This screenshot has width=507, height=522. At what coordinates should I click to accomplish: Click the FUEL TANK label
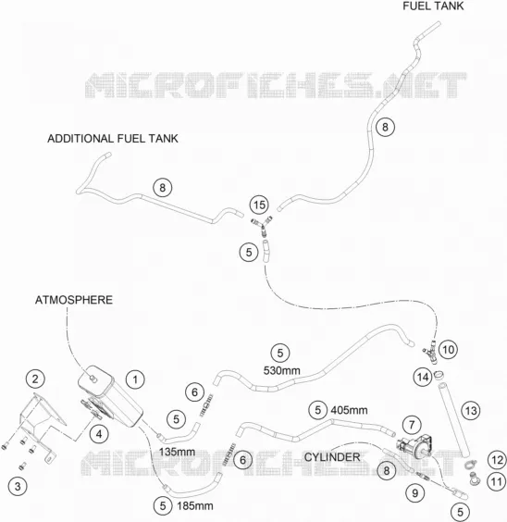(x=433, y=6)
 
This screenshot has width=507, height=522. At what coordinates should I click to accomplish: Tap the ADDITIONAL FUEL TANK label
(x=113, y=139)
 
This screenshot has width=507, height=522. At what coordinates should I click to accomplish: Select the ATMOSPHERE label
(x=74, y=300)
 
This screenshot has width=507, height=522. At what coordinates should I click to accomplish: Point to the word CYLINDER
(x=332, y=457)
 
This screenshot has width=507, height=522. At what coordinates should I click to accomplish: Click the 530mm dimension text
(x=282, y=370)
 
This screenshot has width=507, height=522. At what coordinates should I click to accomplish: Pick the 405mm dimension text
(x=349, y=410)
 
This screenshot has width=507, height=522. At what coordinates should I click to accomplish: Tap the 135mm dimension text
(x=177, y=452)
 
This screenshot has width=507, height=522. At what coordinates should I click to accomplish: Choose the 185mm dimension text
(x=195, y=506)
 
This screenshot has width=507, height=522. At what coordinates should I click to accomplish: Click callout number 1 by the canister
(x=135, y=379)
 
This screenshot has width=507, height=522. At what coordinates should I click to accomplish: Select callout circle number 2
(x=35, y=379)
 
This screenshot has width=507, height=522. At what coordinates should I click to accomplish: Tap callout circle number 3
(x=18, y=487)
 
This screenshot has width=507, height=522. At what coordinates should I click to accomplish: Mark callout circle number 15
(x=259, y=205)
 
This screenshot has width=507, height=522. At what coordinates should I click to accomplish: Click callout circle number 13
(x=471, y=411)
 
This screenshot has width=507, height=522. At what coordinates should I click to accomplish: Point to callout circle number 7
(x=412, y=425)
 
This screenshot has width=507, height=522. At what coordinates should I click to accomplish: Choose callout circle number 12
(x=497, y=460)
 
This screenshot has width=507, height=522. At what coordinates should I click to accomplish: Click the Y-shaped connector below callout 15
(x=263, y=226)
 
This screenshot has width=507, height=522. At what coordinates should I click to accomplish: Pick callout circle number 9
(x=414, y=493)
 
